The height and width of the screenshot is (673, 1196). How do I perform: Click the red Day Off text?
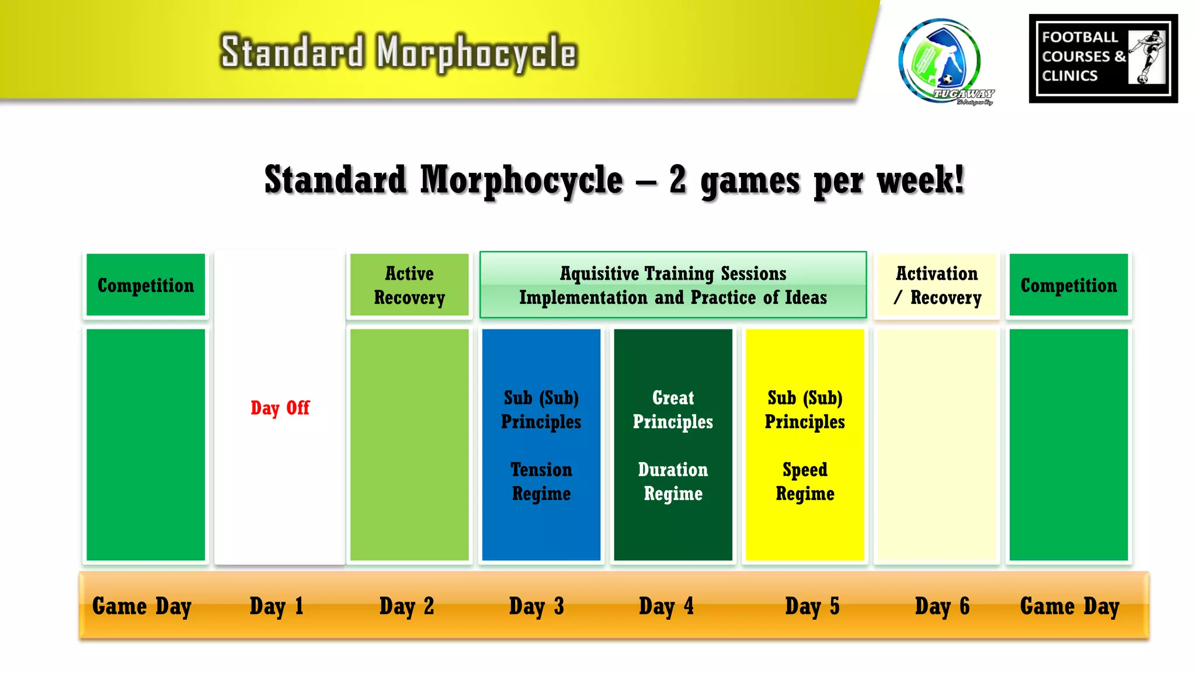[x=280, y=408]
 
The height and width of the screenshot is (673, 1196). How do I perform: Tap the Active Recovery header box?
[x=409, y=285]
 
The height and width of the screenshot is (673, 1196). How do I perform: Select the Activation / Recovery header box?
[x=937, y=285]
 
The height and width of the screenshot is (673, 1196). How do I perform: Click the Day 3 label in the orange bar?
[x=536, y=606]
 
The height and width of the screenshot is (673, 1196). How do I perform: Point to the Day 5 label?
[x=812, y=606]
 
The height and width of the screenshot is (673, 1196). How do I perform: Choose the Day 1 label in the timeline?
[x=276, y=606]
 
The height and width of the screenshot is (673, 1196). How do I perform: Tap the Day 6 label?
[x=942, y=606]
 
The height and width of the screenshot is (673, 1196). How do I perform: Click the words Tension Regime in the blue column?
[x=541, y=481]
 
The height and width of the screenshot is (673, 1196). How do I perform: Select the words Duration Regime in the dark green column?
[x=673, y=481]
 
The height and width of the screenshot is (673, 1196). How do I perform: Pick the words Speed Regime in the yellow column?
[x=805, y=481]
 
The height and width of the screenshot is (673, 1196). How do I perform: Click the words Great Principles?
[x=673, y=410]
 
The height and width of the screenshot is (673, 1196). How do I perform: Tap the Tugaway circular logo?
[x=941, y=61]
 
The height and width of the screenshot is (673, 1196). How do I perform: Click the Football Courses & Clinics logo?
[x=1103, y=58]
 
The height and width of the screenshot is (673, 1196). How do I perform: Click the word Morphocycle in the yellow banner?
[x=476, y=53]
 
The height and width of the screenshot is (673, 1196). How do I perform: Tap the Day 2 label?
[x=406, y=606]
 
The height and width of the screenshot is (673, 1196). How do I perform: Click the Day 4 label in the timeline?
[x=666, y=606]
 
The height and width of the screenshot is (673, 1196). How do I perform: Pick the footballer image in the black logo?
[x=1147, y=57]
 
